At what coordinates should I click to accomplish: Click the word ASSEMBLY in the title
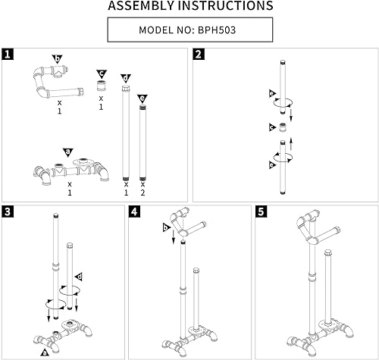tap(141, 5)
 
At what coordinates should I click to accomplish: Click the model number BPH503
tap(217, 30)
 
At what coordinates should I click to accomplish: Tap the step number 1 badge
tap(8, 54)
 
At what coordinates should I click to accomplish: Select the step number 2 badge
tap(199, 54)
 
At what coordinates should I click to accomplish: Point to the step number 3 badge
tap(8, 211)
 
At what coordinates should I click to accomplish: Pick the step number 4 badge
tap(134, 211)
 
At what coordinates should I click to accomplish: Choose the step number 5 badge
tap(261, 211)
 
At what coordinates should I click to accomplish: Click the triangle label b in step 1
tap(58, 59)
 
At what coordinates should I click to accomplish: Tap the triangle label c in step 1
tap(102, 74)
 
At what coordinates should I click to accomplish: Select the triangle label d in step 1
tap(126, 78)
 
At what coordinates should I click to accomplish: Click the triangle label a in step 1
tap(67, 152)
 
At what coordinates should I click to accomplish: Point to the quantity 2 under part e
tap(143, 193)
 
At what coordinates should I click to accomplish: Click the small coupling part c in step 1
tap(102, 86)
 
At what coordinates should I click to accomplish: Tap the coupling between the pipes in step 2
tap(283, 127)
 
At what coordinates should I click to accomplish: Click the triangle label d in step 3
tap(79, 277)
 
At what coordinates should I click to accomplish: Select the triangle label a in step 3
tap(45, 352)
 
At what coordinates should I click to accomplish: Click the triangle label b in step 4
tap(166, 228)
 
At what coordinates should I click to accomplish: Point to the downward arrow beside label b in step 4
tap(174, 236)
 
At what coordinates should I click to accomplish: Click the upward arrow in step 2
tap(291, 144)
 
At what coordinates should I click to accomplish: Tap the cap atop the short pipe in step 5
tap(327, 252)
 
